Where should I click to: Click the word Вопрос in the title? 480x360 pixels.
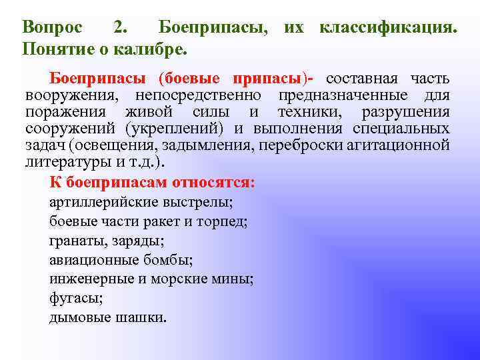pyautogui.click(x=53, y=27)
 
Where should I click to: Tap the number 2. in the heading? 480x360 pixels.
pyautogui.click(x=122, y=27)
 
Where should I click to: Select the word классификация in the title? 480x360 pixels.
pyautogui.click(x=389, y=27)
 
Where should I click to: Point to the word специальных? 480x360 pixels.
pyautogui.click(x=399, y=129)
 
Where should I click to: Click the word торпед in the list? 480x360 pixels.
pyautogui.click(x=225, y=221)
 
